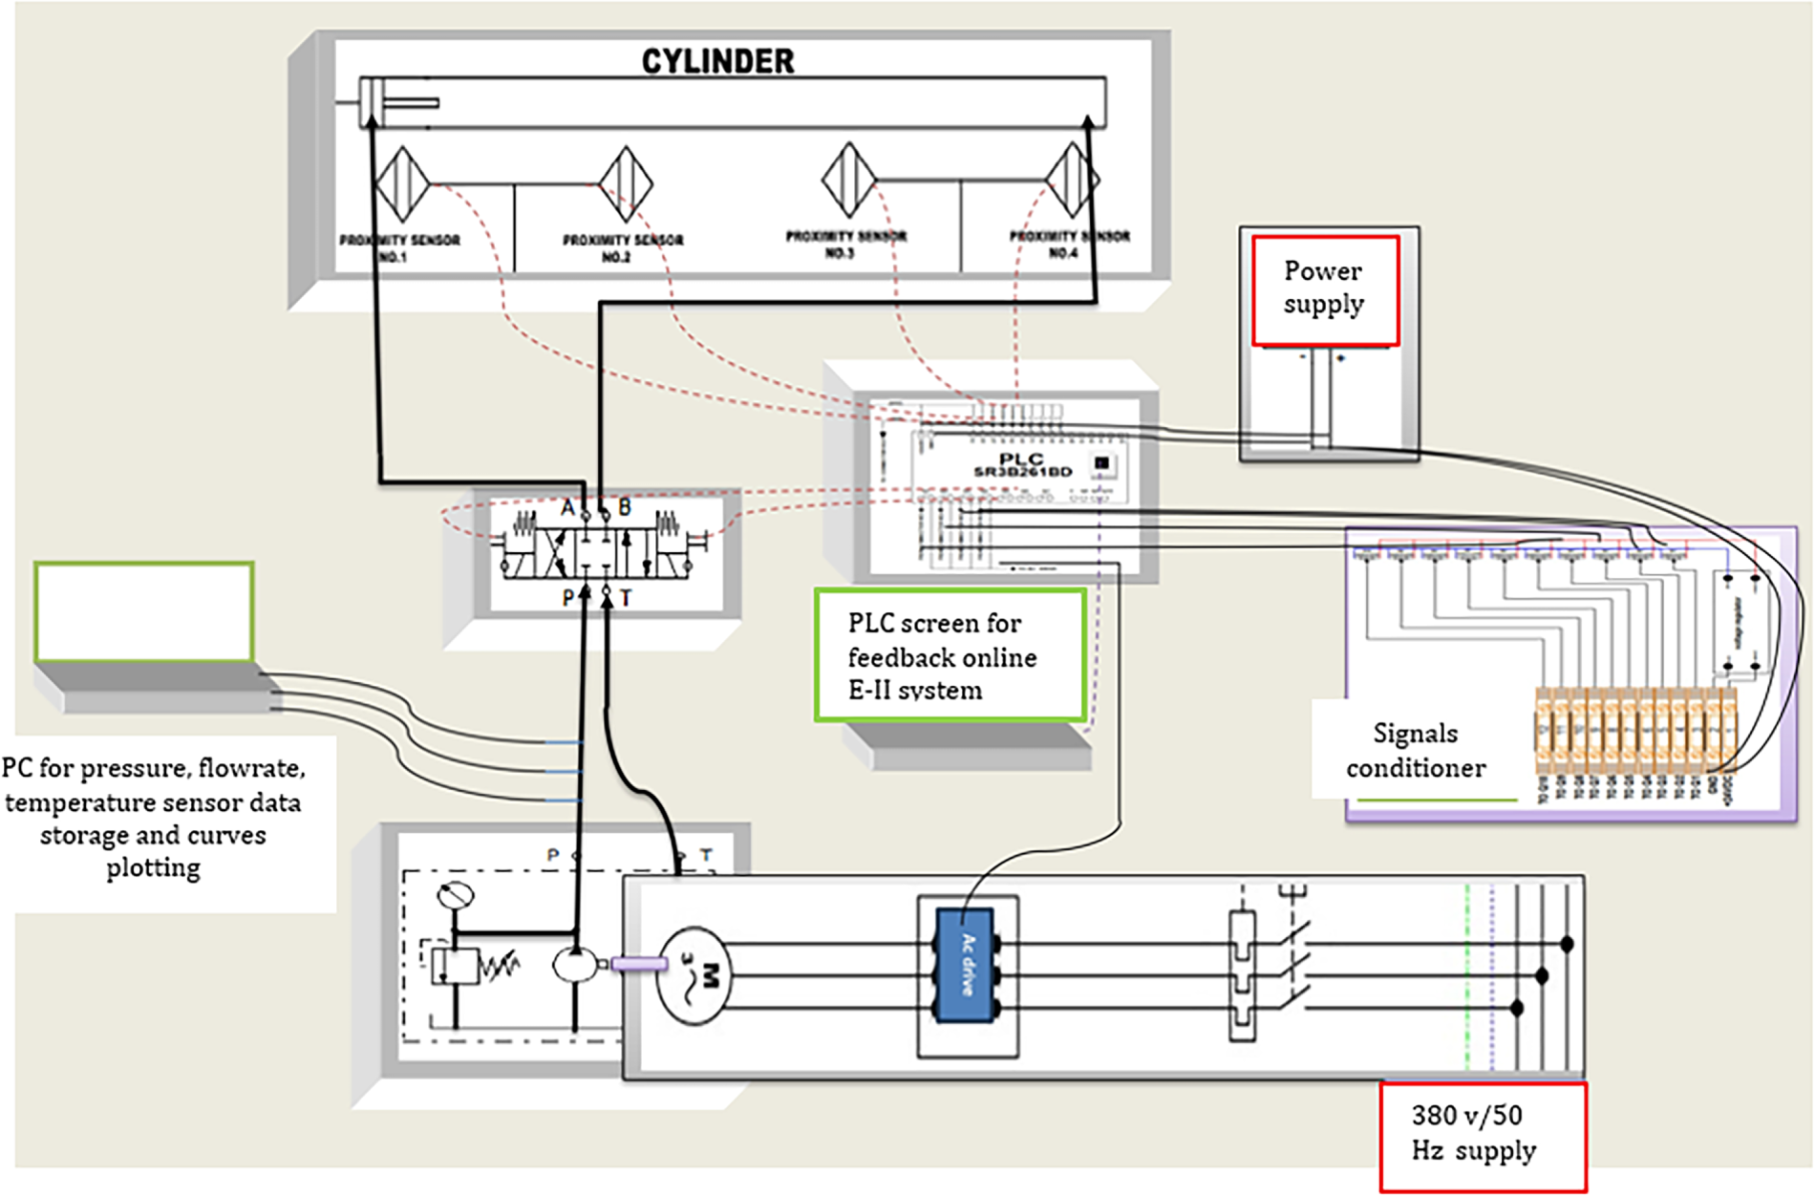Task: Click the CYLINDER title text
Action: click(717, 61)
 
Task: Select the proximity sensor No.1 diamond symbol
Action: click(402, 182)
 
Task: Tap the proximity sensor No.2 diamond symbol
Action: click(626, 182)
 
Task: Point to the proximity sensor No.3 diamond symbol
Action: click(848, 179)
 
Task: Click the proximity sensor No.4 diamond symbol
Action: click(1072, 179)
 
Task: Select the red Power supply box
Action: click(1325, 289)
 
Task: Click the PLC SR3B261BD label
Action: click(1021, 465)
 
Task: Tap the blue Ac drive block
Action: click(965, 965)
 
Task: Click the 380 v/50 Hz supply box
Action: click(1483, 1134)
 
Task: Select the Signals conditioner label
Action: click(1416, 751)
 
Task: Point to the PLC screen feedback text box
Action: click(950, 655)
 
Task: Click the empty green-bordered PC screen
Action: click(144, 612)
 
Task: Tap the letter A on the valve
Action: click(567, 507)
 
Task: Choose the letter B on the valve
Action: click(625, 507)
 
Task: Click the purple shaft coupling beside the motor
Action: click(638, 964)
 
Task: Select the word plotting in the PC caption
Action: click(153, 868)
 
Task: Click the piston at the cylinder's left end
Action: click(370, 102)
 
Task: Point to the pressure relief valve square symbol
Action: click(454, 966)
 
